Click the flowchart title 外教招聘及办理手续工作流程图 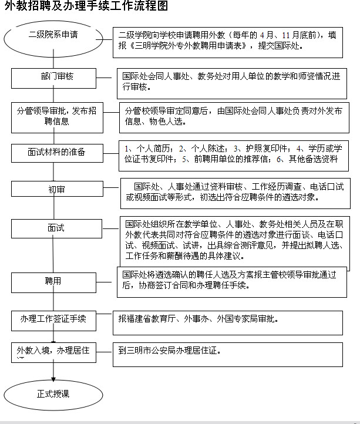click(86, 8)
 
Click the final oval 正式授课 click(53, 394)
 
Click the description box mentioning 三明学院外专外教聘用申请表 click(227, 41)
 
